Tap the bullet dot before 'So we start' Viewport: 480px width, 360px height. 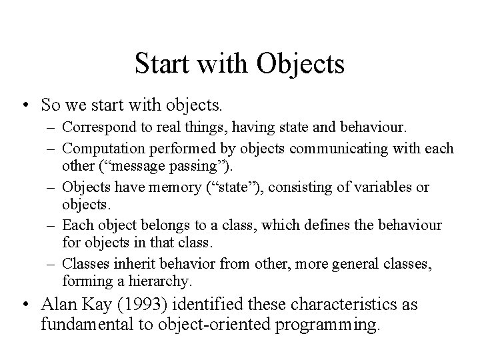pyautogui.click(x=24, y=105)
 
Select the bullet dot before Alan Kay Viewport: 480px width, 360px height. pyautogui.click(x=24, y=305)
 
